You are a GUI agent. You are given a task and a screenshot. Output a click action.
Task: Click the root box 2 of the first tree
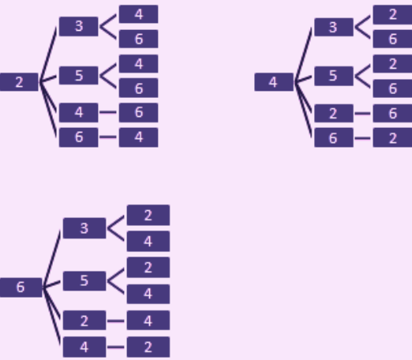pyautogui.click(x=19, y=82)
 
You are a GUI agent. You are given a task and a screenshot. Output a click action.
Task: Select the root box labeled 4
pyautogui.click(x=274, y=82)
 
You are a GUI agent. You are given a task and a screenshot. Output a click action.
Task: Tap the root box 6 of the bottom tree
pyautogui.click(x=21, y=287)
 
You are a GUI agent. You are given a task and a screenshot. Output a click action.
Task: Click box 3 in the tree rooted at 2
pyautogui.click(x=79, y=26)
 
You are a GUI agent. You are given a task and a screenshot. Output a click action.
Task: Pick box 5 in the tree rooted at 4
pyautogui.click(x=334, y=76)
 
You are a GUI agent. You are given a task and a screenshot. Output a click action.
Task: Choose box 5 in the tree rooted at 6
pyautogui.click(x=84, y=281)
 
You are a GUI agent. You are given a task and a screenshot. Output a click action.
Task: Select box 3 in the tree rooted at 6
pyautogui.click(x=84, y=228)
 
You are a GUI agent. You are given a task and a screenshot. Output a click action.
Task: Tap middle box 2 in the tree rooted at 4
pyautogui.click(x=334, y=114)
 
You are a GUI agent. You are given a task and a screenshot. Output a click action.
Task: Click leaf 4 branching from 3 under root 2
pyautogui.click(x=139, y=14)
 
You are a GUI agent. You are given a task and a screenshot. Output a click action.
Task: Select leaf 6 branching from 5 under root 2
pyautogui.click(x=139, y=88)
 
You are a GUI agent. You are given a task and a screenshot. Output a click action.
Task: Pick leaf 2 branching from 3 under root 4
pyautogui.click(x=392, y=14)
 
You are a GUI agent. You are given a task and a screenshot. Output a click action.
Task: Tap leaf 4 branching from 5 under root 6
pyautogui.click(x=148, y=294)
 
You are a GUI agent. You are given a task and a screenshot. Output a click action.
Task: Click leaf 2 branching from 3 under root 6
pyautogui.click(x=148, y=216)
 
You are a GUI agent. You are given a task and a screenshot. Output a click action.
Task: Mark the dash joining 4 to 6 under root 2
pyautogui.click(x=108, y=112)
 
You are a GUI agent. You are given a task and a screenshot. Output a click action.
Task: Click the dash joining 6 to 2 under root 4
pyautogui.click(x=362, y=138)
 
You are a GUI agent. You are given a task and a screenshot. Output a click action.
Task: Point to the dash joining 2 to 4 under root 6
pyautogui.click(x=116, y=321)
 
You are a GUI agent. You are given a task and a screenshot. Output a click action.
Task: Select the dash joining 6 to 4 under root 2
pyautogui.click(x=108, y=137)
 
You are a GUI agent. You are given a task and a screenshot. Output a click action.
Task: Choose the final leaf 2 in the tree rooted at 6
pyautogui.click(x=148, y=347)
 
